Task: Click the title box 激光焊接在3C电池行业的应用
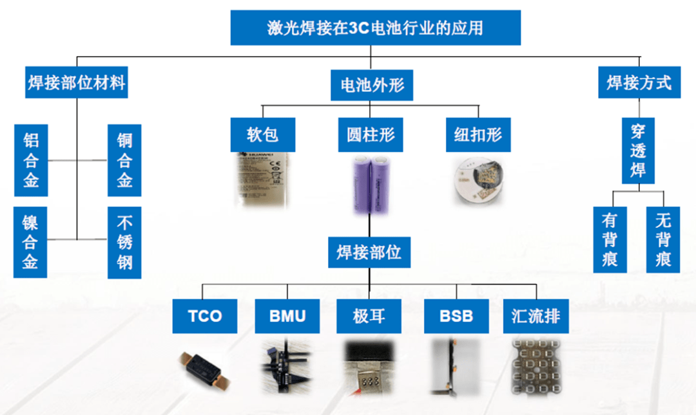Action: point(375,28)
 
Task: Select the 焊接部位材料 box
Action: point(77,83)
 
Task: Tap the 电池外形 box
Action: point(372,84)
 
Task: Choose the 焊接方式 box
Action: point(639,82)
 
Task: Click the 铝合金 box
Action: point(31,160)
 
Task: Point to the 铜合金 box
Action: point(124,160)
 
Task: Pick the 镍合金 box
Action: point(30,242)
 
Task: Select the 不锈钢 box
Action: point(124,242)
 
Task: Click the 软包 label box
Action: point(262,134)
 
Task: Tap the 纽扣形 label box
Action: point(478,134)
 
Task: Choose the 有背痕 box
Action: point(610,239)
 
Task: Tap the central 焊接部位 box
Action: point(369,252)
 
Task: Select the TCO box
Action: point(205,316)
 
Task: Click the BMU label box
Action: point(287,316)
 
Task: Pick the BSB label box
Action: point(456,316)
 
